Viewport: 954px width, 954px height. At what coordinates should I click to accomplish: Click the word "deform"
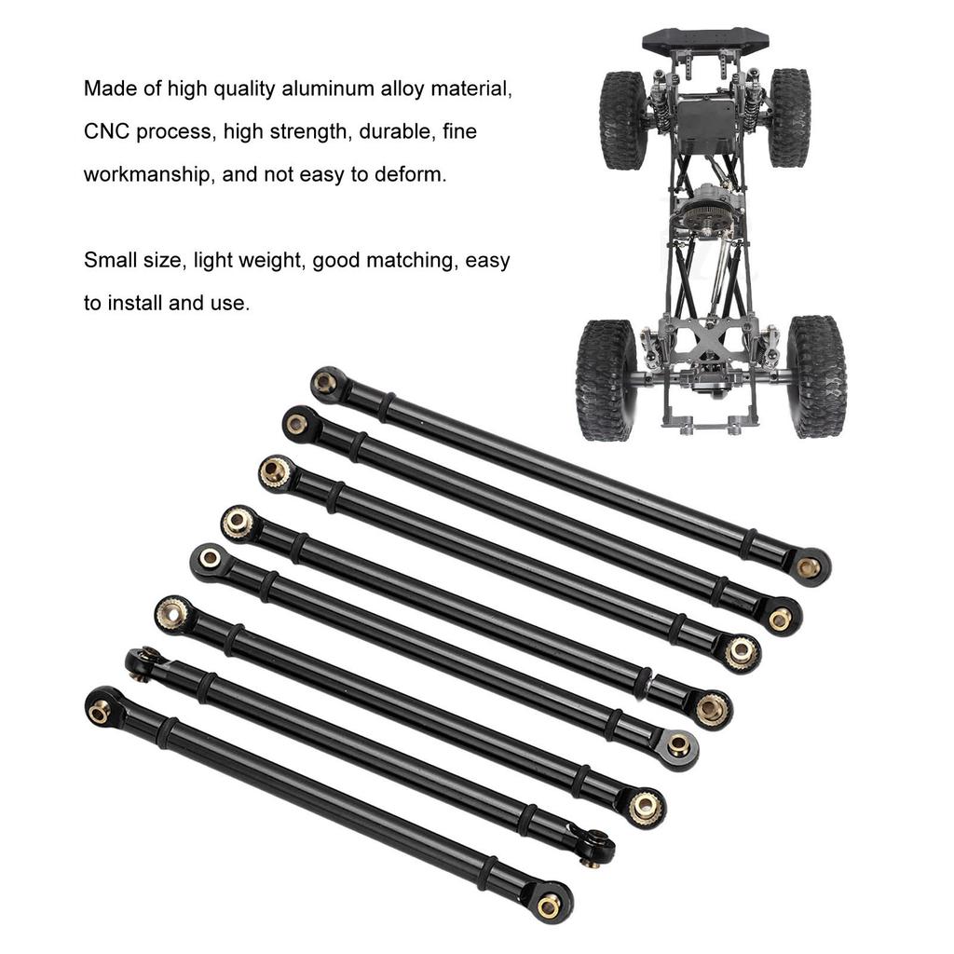(x=411, y=174)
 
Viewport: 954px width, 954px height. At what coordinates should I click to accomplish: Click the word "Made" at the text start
(x=109, y=89)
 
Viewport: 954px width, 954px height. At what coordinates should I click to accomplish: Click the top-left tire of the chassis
(x=622, y=119)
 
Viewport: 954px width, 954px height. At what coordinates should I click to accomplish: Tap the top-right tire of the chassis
(x=789, y=117)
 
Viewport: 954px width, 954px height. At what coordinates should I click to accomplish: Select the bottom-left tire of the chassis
(x=606, y=379)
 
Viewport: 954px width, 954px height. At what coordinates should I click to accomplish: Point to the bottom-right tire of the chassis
(x=816, y=375)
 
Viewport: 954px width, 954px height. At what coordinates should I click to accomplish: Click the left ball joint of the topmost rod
(x=325, y=382)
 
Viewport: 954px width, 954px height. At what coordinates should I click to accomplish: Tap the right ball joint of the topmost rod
(x=808, y=566)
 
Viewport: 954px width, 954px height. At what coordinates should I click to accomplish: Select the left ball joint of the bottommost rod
(x=100, y=711)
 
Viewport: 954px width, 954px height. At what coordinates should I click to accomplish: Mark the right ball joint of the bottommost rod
(x=549, y=903)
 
